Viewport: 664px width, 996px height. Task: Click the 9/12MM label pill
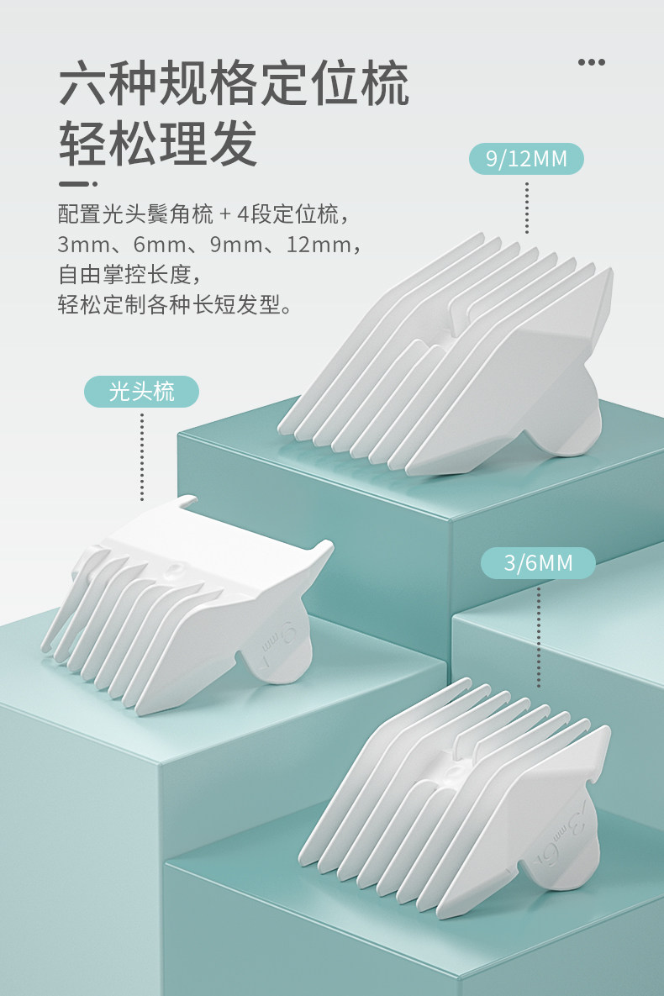pos(526,158)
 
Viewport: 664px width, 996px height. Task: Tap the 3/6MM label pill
pos(538,562)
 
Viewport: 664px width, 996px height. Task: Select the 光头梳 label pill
pos(141,392)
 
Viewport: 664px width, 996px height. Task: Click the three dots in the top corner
pos(592,61)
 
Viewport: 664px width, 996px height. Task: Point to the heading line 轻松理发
pos(158,144)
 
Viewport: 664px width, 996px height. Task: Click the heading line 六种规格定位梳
pos(234,85)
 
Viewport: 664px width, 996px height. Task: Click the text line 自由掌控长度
pos(131,274)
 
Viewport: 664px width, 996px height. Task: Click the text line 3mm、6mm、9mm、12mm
pos(210,245)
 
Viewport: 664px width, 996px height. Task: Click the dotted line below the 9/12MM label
pos(527,206)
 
